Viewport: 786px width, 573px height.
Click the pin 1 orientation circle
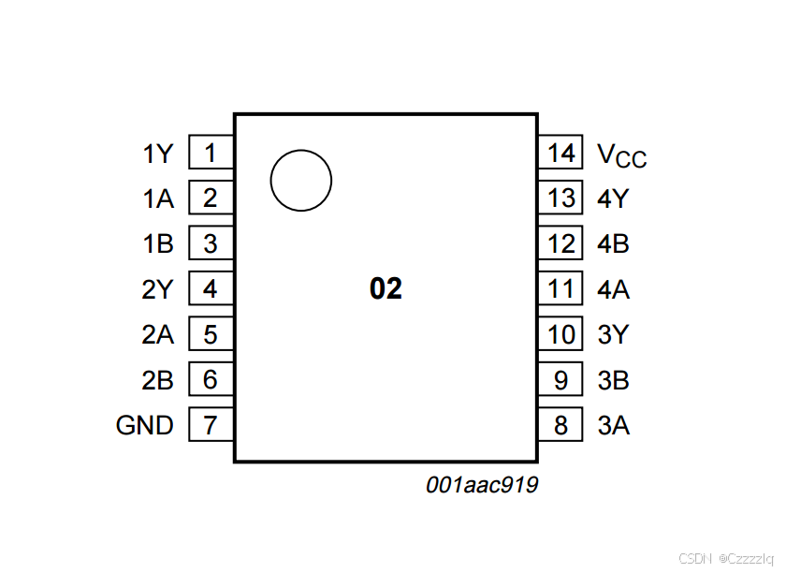[301, 181]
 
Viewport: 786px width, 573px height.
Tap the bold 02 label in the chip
[386, 289]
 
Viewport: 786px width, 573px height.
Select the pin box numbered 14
[560, 153]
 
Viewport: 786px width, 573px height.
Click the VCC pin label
[621, 155]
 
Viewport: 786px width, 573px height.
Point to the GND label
[145, 426]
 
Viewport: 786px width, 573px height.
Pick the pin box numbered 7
[211, 426]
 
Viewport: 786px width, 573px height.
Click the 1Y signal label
[158, 154]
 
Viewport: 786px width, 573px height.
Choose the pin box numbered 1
[211, 153]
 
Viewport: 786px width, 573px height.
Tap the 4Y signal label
[614, 198]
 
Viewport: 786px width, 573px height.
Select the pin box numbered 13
[560, 198]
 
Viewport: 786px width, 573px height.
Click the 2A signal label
[158, 335]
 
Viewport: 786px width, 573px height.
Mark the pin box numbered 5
[211, 334]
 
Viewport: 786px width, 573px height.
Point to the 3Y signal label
[614, 334]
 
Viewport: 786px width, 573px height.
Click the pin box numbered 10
[560, 334]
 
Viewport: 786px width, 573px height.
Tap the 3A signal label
[614, 426]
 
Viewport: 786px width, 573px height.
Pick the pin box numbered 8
[560, 426]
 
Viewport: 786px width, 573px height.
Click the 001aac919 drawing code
[482, 485]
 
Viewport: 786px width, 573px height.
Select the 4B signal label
[614, 244]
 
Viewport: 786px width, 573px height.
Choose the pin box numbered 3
[211, 244]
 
